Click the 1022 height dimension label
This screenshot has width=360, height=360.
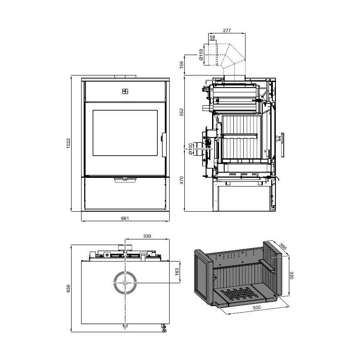68,143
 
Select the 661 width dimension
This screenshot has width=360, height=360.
125,218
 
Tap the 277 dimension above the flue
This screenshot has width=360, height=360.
227,30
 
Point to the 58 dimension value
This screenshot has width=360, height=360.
213,37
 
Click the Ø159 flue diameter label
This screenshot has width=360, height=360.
201,55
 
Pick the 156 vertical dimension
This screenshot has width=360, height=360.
182,65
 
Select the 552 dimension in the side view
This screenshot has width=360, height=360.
182,112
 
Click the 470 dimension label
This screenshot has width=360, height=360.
182,180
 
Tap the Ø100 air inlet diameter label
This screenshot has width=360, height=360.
190,149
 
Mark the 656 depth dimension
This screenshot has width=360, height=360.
68,288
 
